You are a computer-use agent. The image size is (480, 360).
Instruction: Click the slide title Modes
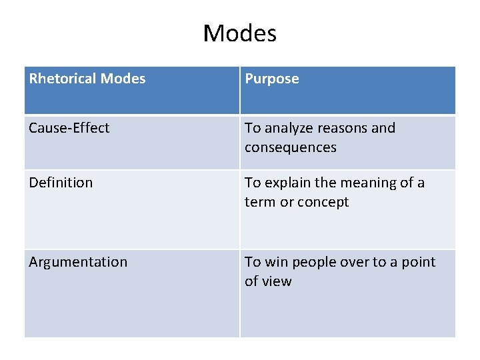click(239, 33)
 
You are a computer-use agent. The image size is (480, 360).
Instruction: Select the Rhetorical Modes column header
click(87, 79)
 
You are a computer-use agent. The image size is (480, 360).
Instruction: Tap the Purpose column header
click(272, 79)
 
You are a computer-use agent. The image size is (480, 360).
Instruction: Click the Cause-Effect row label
click(69, 128)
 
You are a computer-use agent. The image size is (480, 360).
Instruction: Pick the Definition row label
click(61, 183)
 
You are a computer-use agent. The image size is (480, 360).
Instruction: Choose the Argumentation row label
click(78, 262)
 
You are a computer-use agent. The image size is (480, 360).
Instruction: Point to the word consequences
click(290, 147)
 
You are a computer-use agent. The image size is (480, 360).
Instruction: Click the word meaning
click(366, 183)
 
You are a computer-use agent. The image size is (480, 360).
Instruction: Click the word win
click(276, 262)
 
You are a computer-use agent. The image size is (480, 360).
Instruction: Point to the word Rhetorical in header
click(63, 79)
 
